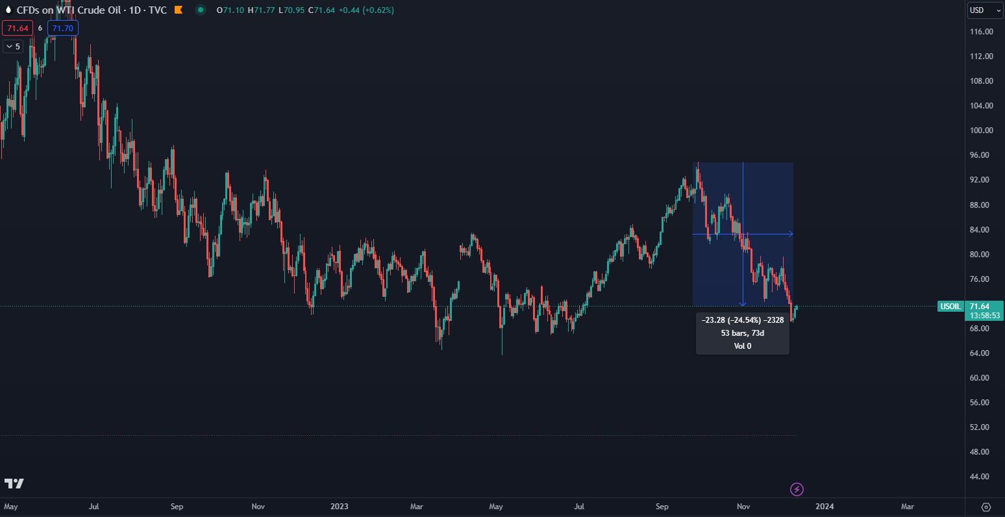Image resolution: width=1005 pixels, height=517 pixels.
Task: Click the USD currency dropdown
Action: [x=985, y=10]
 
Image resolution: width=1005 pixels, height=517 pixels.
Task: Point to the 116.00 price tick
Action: [x=980, y=32]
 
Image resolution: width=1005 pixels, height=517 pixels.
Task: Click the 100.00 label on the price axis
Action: [x=980, y=131]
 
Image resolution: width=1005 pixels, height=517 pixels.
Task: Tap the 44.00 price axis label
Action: [x=980, y=477]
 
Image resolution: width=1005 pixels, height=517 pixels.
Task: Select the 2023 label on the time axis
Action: [x=340, y=507]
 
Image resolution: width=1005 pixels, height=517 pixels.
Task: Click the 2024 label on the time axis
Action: [x=825, y=507]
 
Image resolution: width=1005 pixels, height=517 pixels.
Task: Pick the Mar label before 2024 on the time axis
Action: [x=417, y=507]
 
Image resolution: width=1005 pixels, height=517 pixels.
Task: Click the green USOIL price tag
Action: [x=950, y=307]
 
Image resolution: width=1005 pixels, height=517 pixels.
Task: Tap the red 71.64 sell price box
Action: [x=16, y=28]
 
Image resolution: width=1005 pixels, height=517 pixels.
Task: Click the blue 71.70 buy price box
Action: [x=63, y=28]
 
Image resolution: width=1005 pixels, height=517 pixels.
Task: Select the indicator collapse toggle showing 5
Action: [x=12, y=46]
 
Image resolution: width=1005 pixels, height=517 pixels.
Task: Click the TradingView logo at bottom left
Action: [x=14, y=484]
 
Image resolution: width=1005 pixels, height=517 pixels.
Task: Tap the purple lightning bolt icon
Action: [x=797, y=489]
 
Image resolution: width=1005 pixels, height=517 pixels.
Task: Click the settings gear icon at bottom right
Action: [x=986, y=507]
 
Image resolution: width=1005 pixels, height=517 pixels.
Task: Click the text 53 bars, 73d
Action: [x=742, y=333]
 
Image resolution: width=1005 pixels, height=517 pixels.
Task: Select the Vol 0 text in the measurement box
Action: [x=742, y=346]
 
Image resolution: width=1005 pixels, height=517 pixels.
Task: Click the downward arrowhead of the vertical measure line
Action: [x=743, y=304]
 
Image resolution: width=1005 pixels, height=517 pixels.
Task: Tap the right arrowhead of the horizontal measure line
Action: [x=791, y=234]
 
